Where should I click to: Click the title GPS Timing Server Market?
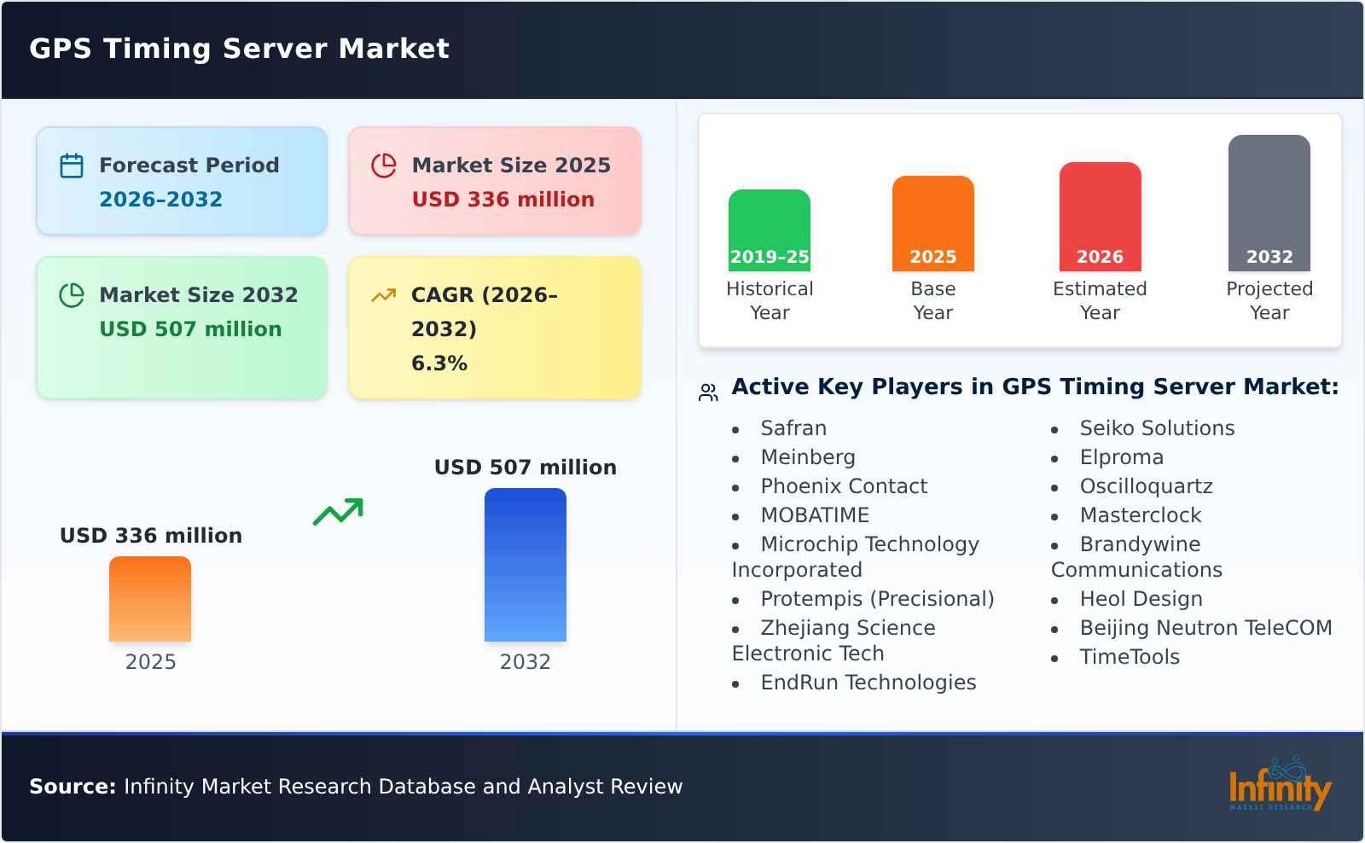tap(239, 49)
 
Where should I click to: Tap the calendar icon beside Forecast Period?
tap(72, 166)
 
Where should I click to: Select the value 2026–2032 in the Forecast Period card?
tap(160, 200)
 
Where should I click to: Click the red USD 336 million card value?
tap(502, 200)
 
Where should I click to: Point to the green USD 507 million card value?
tap(190, 329)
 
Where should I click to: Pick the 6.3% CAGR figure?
tap(439, 363)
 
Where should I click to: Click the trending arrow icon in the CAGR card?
tap(383, 295)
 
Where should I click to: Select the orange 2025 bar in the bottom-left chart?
tap(150, 599)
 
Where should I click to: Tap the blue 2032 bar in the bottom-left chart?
tap(525, 565)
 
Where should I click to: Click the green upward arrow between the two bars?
tap(339, 512)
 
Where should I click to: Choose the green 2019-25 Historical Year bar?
tap(769, 230)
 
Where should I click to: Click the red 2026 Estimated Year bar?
tap(1100, 217)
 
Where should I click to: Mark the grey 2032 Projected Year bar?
tap(1269, 203)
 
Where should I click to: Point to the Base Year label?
tap(932, 300)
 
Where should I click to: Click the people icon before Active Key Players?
tap(708, 392)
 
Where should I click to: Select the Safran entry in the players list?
tap(793, 428)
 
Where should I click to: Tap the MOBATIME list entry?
tap(815, 515)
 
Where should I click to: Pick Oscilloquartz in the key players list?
tap(1146, 486)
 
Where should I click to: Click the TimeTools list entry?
tap(1130, 657)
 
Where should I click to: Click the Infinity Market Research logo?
tap(1279, 785)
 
